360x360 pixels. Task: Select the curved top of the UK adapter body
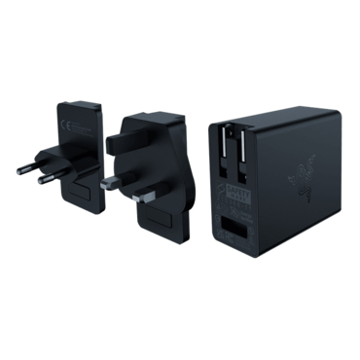click(x=146, y=115)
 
